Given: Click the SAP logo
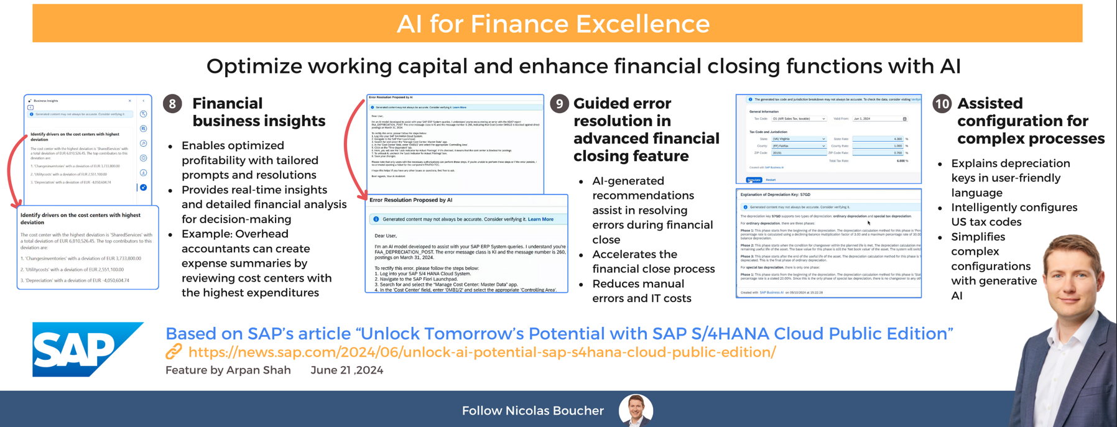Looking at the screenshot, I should tap(87, 349).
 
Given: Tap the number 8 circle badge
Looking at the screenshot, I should tap(172, 104).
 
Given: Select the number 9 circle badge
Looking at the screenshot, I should tap(559, 104).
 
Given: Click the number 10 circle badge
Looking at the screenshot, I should tap(942, 104).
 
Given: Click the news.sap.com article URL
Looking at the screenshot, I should tap(482, 352).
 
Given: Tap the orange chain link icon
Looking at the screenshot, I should tap(174, 352).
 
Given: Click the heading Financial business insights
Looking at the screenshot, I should tap(258, 112).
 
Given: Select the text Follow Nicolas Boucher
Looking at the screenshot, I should tap(532, 411).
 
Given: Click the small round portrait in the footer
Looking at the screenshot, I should tap(636, 410).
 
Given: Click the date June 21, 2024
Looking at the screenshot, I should tap(346, 370).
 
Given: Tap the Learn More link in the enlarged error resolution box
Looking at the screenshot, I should tap(540, 219).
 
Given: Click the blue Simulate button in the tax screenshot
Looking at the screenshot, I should tap(754, 180).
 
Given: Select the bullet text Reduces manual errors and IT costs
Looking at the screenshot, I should tap(641, 291).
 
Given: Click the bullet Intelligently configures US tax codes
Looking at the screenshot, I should tap(1014, 214).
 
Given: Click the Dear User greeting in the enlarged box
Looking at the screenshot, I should tap(386, 236).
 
